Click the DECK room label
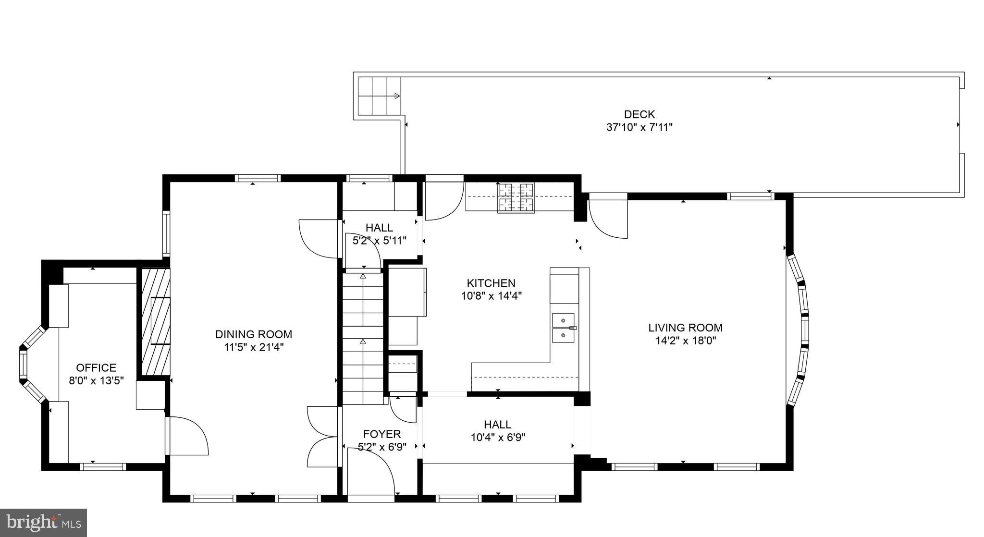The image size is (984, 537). tap(639, 114)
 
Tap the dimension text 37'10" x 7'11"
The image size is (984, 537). tap(639, 127)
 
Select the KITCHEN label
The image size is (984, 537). tap(491, 283)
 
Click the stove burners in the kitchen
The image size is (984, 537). tap(516, 197)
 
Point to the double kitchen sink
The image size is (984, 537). tap(563, 328)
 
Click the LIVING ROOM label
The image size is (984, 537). tap(685, 328)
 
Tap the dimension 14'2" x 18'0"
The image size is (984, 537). tap(685, 341)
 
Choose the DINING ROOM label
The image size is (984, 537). tap(253, 334)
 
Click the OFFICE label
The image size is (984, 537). tap(96, 368)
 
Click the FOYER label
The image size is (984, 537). tap(382, 434)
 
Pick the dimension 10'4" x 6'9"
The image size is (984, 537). tap(497, 438)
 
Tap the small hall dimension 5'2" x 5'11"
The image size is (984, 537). tap(380, 241)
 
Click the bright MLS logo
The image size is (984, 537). tap(43, 523)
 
